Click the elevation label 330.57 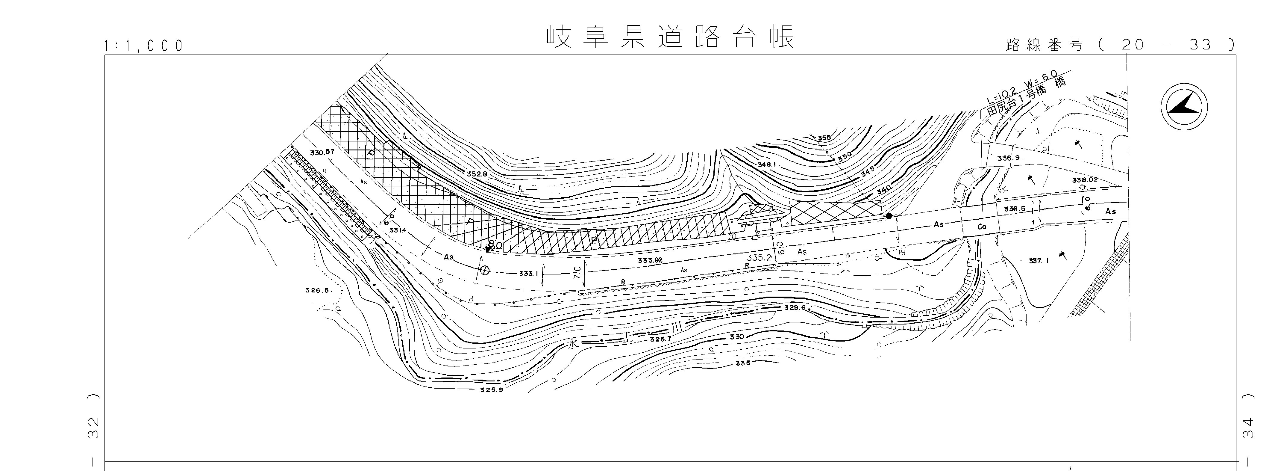tap(322, 152)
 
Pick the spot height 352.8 tap(477, 174)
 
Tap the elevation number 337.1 tap(1039, 260)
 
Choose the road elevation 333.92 tap(650, 260)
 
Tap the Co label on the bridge tap(982, 227)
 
